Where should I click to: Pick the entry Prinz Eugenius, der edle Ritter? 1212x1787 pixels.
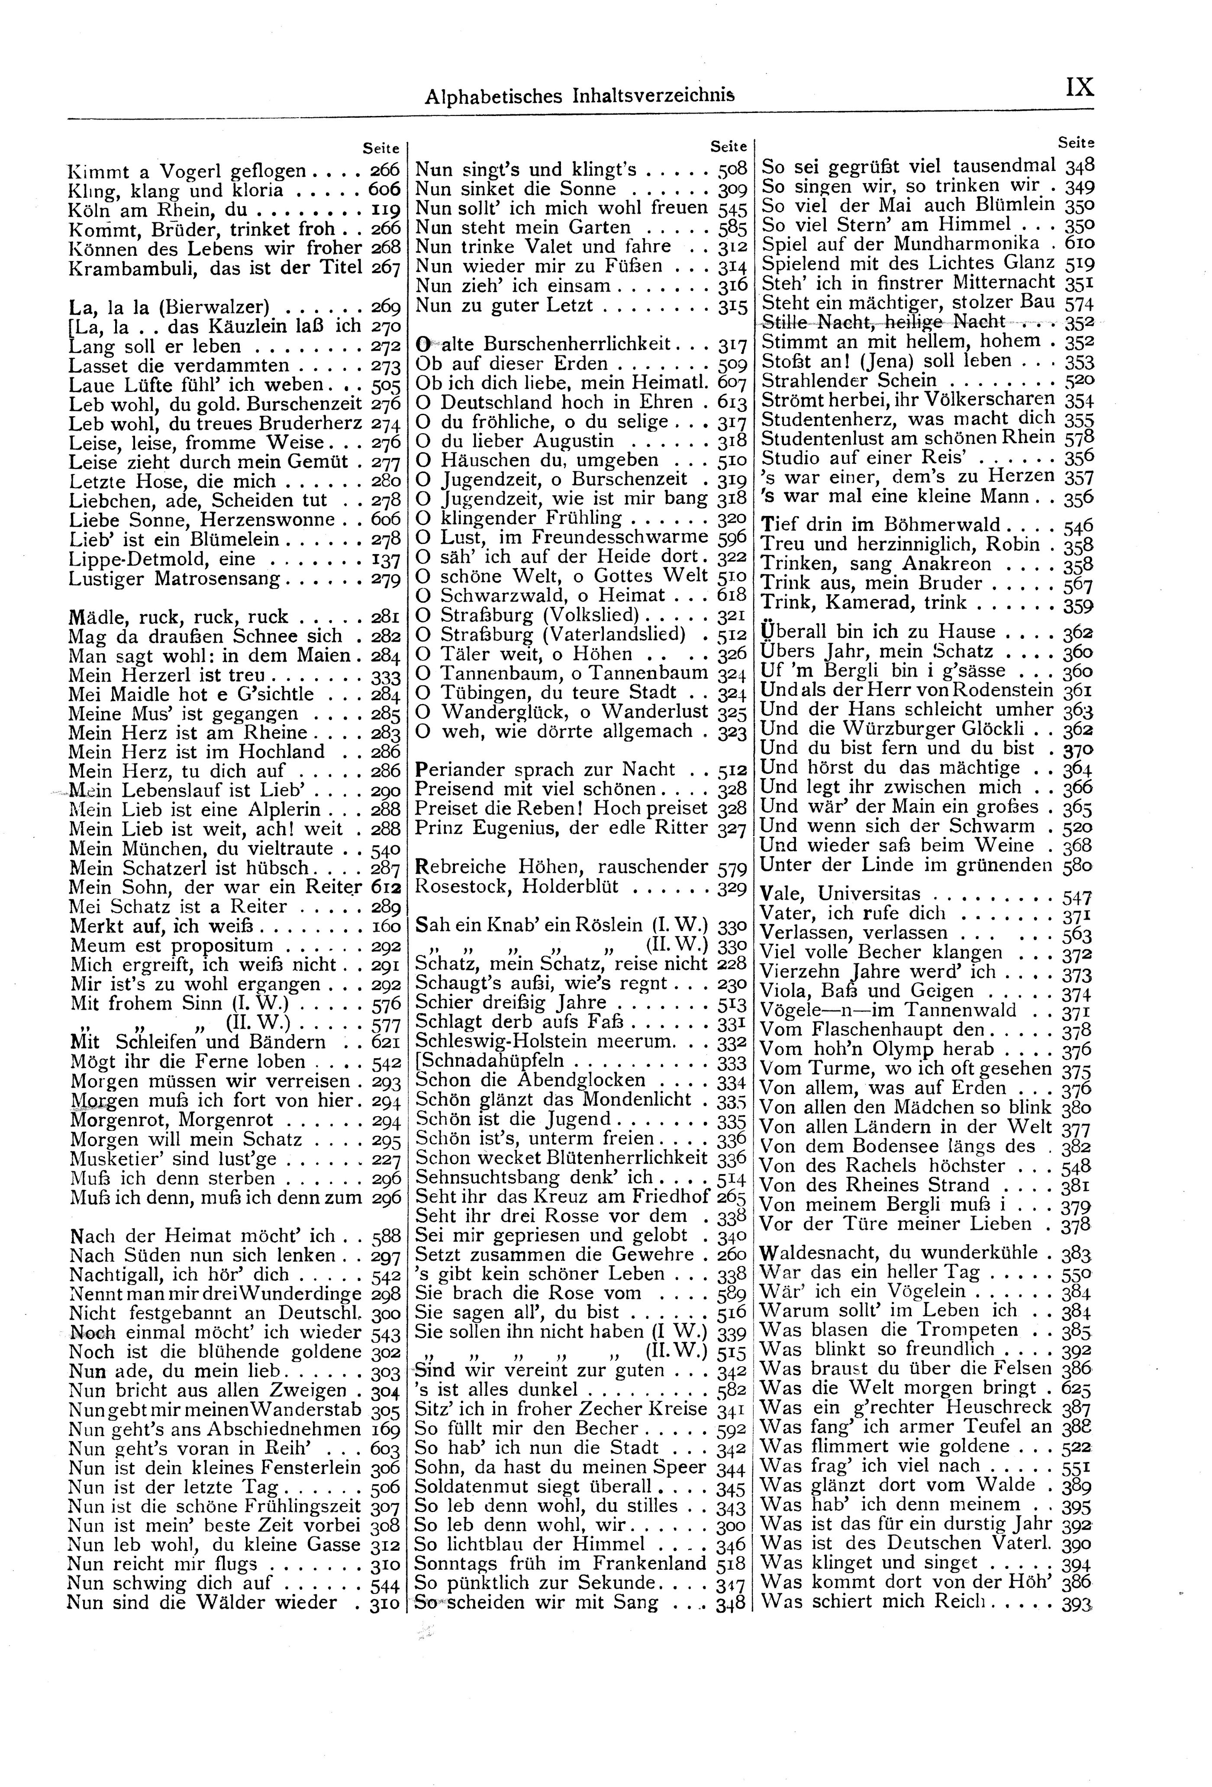point(561,827)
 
